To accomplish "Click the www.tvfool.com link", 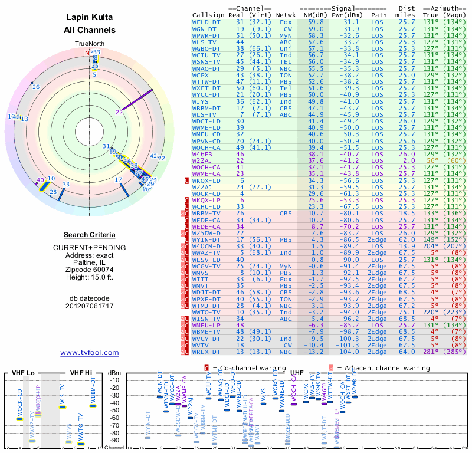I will pos(89,353).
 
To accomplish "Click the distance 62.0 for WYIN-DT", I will pos(407,240).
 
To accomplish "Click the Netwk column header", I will pos(287,15).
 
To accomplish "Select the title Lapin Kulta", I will pos(90,18).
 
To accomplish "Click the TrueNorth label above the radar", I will pos(90,44).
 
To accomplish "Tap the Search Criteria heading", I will pos(90,235).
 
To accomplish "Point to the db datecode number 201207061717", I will pos(90,306).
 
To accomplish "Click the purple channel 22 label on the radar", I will pos(119,112).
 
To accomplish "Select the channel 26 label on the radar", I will pos(36,87).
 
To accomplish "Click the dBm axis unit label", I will pos(115,373).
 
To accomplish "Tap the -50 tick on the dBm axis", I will pos(115,410).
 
